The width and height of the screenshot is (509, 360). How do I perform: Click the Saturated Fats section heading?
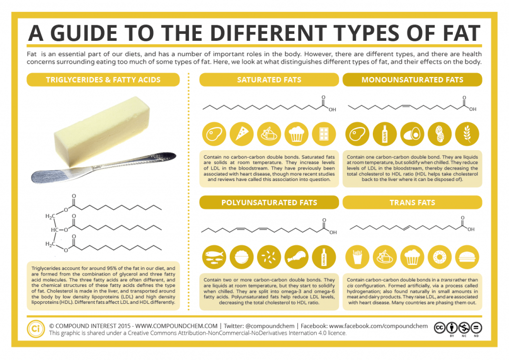(x=268, y=80)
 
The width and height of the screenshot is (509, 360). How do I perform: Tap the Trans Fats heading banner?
(x=412, y=202)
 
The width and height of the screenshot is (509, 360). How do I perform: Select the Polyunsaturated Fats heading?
(x=269, y=202)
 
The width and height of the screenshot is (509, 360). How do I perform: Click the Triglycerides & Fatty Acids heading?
(x=103, y=80)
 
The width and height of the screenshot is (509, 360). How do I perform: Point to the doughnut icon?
(x=440, y=257)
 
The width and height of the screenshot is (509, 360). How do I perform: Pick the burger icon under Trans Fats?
(x=467, y=257)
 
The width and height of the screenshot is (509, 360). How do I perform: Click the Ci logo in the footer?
(x=35, y=329)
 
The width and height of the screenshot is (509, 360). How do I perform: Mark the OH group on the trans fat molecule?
(x=471, y=229)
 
